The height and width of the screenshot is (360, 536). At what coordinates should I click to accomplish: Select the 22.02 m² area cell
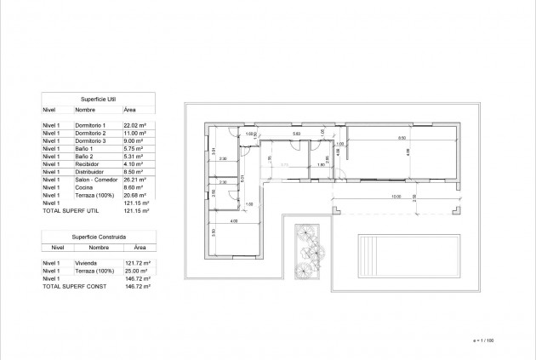click(136, 125)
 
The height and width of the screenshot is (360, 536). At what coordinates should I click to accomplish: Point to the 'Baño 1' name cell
click(84, 149)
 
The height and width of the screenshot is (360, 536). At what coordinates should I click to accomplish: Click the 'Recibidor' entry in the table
click(88, 164)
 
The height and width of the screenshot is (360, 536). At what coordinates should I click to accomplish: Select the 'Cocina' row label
click(83, 188)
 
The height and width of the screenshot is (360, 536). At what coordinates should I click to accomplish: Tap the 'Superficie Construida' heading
click(98, 235)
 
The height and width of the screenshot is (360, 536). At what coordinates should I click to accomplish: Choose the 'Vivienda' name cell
click(87, 262)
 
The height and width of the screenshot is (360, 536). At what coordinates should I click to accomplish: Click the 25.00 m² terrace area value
click(136, 270)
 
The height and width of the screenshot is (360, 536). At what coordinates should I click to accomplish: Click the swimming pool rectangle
click(395, 254)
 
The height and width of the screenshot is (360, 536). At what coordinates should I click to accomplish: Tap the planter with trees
click(305, 251)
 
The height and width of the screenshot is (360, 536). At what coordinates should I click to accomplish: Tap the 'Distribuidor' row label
click(90, 172)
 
